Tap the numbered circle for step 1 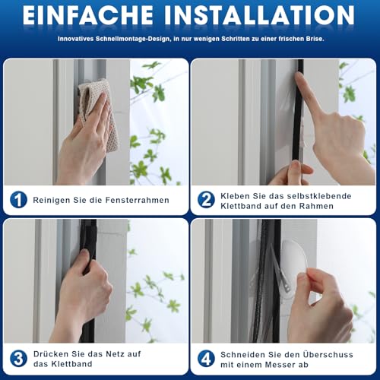pyautogui.click(x=17, y=200)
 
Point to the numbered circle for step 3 pyautogui.click(x=17, y=359)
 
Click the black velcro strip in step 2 pyautogui.click(x=299, y=114)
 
